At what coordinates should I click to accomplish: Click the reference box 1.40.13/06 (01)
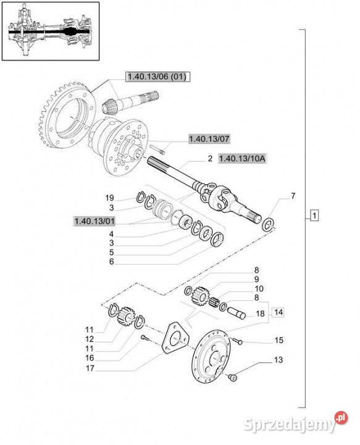157,77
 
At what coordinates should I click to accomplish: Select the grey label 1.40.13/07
209,139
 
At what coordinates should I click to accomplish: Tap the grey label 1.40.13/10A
242,159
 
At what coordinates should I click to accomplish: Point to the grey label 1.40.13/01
94,221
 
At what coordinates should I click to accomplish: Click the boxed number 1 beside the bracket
315,216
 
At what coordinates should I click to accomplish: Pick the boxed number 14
278,312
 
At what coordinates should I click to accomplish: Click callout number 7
293,196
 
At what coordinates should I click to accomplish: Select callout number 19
109,198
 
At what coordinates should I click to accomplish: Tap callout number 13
278,360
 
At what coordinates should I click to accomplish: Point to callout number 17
90,368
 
